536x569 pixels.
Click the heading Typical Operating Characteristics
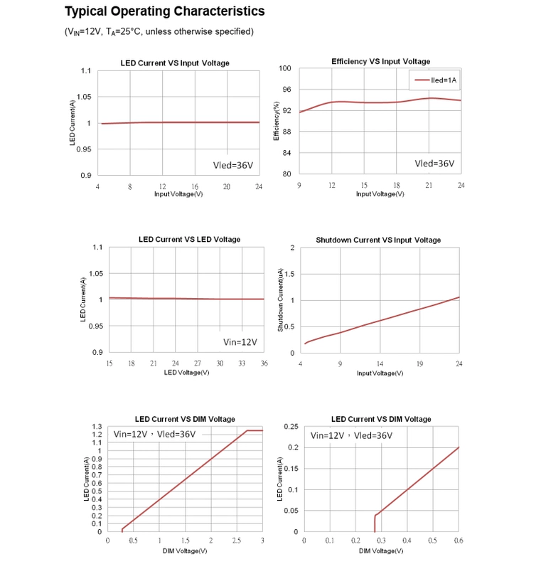[164, 11]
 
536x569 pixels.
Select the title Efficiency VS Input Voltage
[380, 62]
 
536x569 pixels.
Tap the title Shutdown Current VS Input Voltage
[378, 240]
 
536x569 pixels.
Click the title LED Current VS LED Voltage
[189, 240]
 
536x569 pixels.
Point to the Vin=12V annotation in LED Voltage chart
[240, 341]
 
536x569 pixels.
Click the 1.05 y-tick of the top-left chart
[84, 97]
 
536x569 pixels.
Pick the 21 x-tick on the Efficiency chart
[429, 186]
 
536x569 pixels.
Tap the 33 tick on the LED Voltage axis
[242, 363]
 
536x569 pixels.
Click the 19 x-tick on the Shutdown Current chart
[419, 364]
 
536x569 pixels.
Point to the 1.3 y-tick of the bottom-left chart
[97, 426]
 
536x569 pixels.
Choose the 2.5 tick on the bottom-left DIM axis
[237, 541]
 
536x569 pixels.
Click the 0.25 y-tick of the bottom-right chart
[290, 426]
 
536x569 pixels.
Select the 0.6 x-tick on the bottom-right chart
[459, 541]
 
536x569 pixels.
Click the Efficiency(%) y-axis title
[277, 122]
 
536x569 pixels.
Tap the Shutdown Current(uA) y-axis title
[281, 299]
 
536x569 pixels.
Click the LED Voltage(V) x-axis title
[186, 372]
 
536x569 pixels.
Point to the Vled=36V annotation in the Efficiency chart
[434, 163]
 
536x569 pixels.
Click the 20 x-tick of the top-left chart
[227, 186]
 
